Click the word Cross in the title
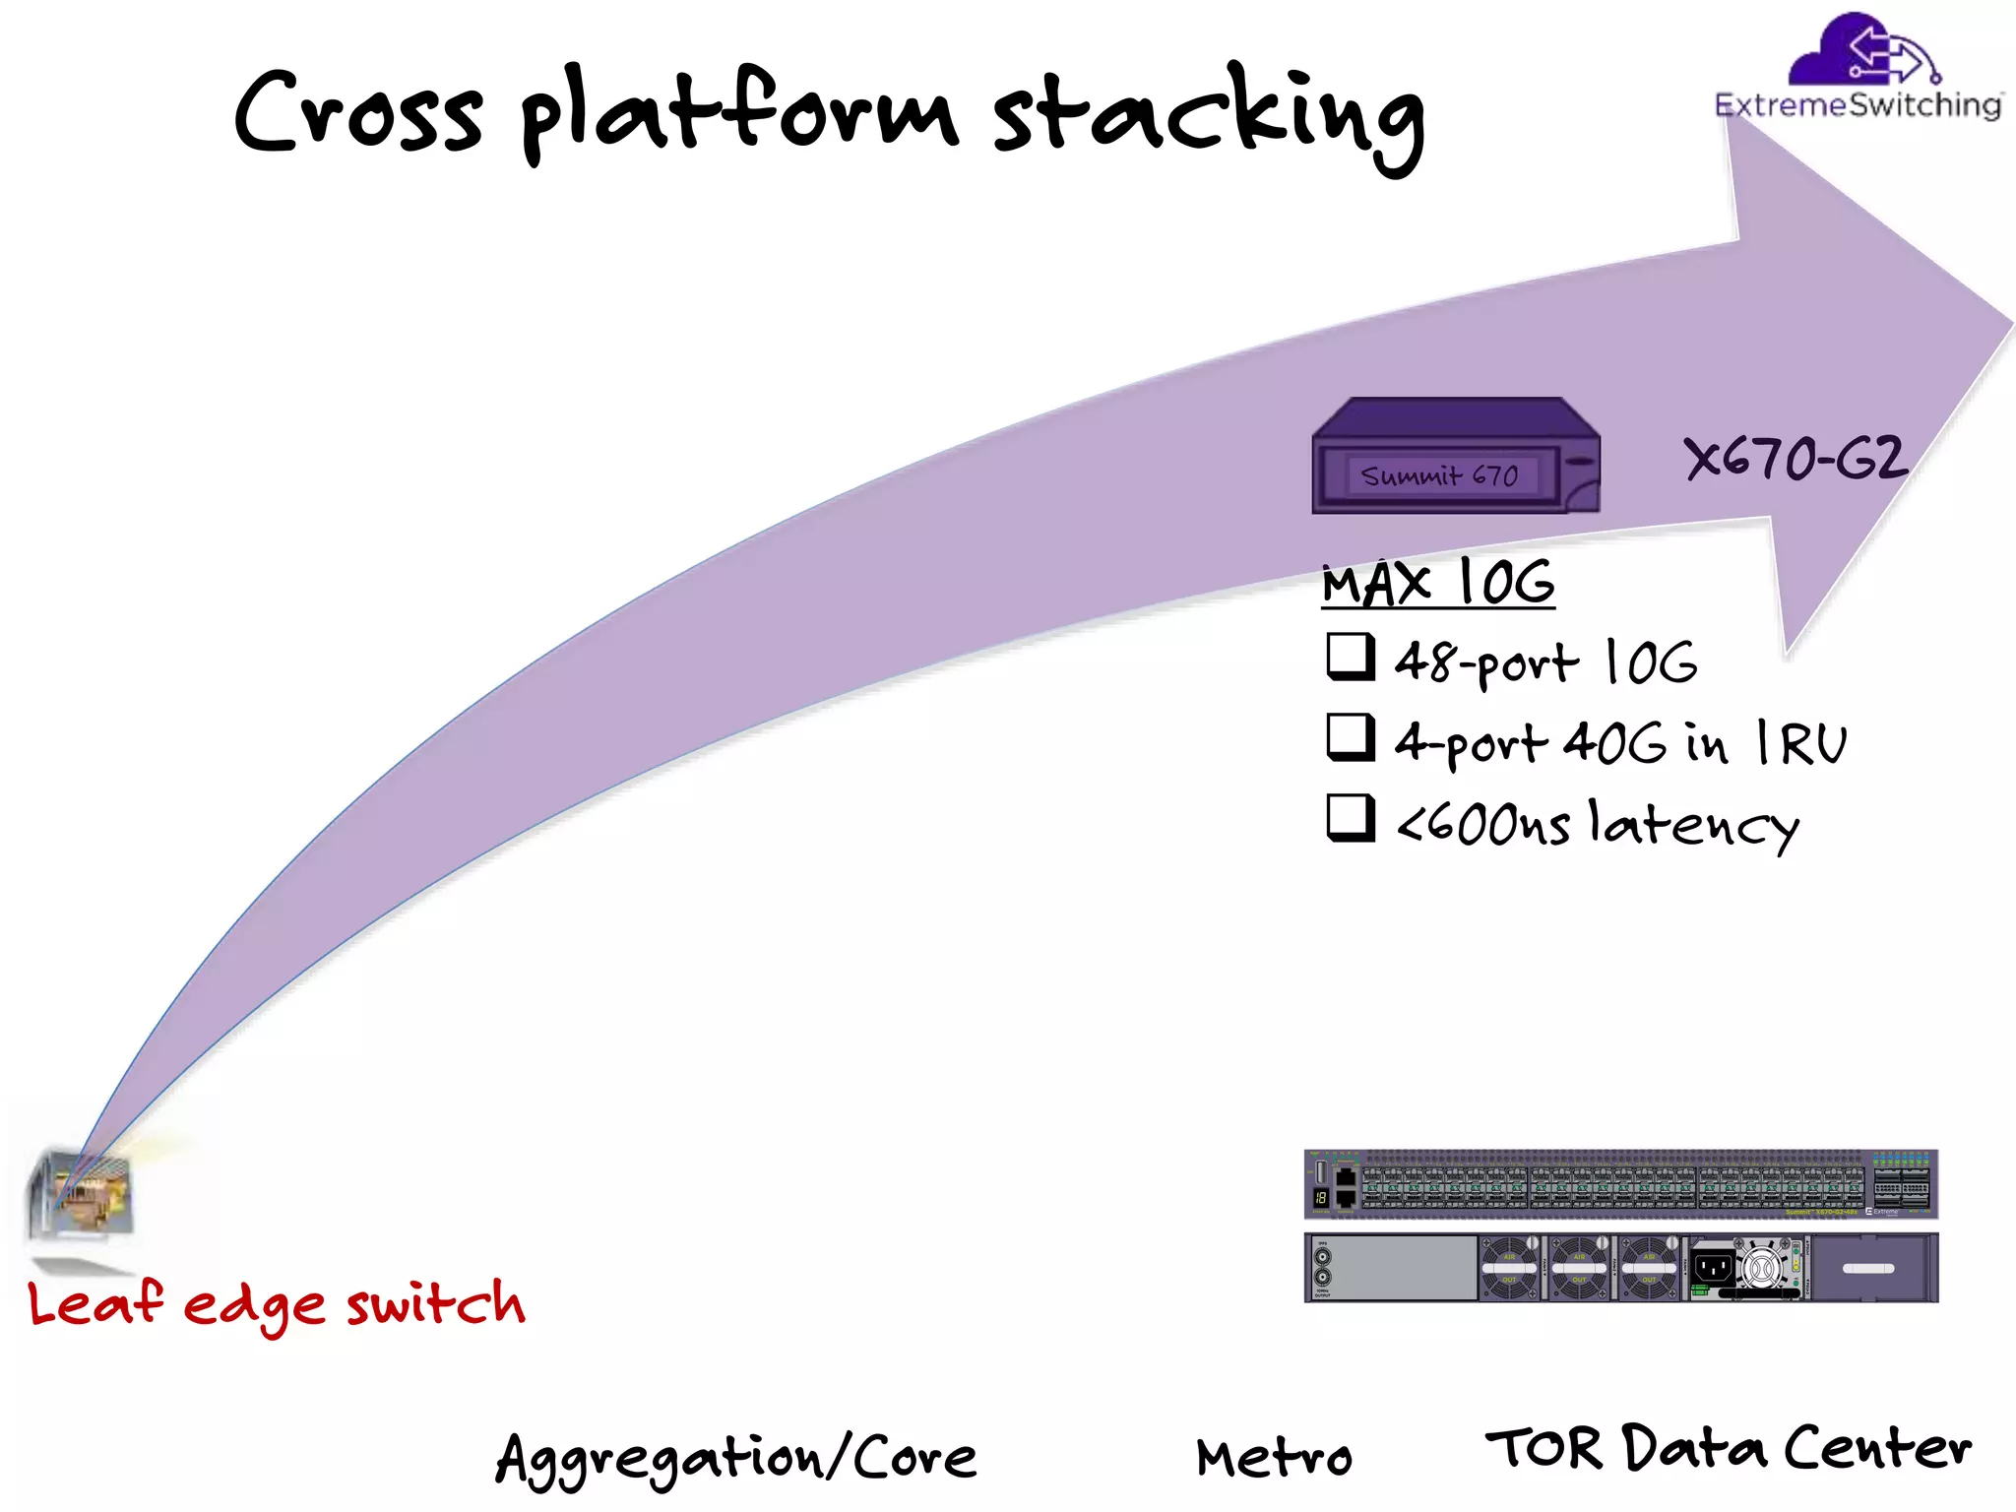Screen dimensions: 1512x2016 [358, 112]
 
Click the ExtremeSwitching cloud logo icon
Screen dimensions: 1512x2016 [1860, 51]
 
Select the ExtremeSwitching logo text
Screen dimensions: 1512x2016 [1858, 105]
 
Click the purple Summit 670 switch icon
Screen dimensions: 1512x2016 [1455, 457]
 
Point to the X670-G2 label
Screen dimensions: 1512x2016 [1794, 459]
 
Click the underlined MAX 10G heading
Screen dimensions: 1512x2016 [1437, 583]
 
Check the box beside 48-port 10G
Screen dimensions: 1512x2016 [1351, 657]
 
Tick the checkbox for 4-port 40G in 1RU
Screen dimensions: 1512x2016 [1351, 737]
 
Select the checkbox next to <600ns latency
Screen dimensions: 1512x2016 [1351, 818]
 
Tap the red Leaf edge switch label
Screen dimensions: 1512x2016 [276, 1304]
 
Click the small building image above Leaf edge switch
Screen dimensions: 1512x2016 [81, 1194]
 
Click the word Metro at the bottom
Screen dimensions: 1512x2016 [1274, 1458]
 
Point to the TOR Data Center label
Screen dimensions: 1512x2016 [1729, 1449]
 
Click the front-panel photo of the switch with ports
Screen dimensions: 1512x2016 [1620, 1183]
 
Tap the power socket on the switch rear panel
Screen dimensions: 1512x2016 [1714, 1267]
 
